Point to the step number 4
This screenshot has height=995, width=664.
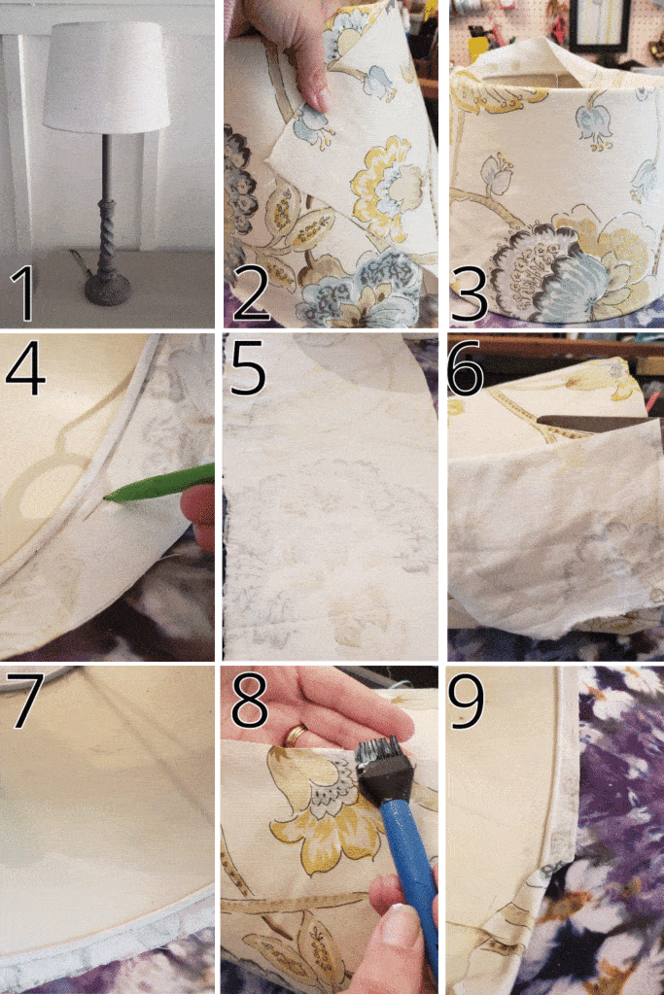point(25,368)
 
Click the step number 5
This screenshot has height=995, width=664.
point(249,368)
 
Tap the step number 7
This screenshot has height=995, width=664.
point(25,700)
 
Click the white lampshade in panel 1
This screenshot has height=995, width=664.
point(106,78)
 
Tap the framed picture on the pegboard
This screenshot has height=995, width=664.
point(599,24)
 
